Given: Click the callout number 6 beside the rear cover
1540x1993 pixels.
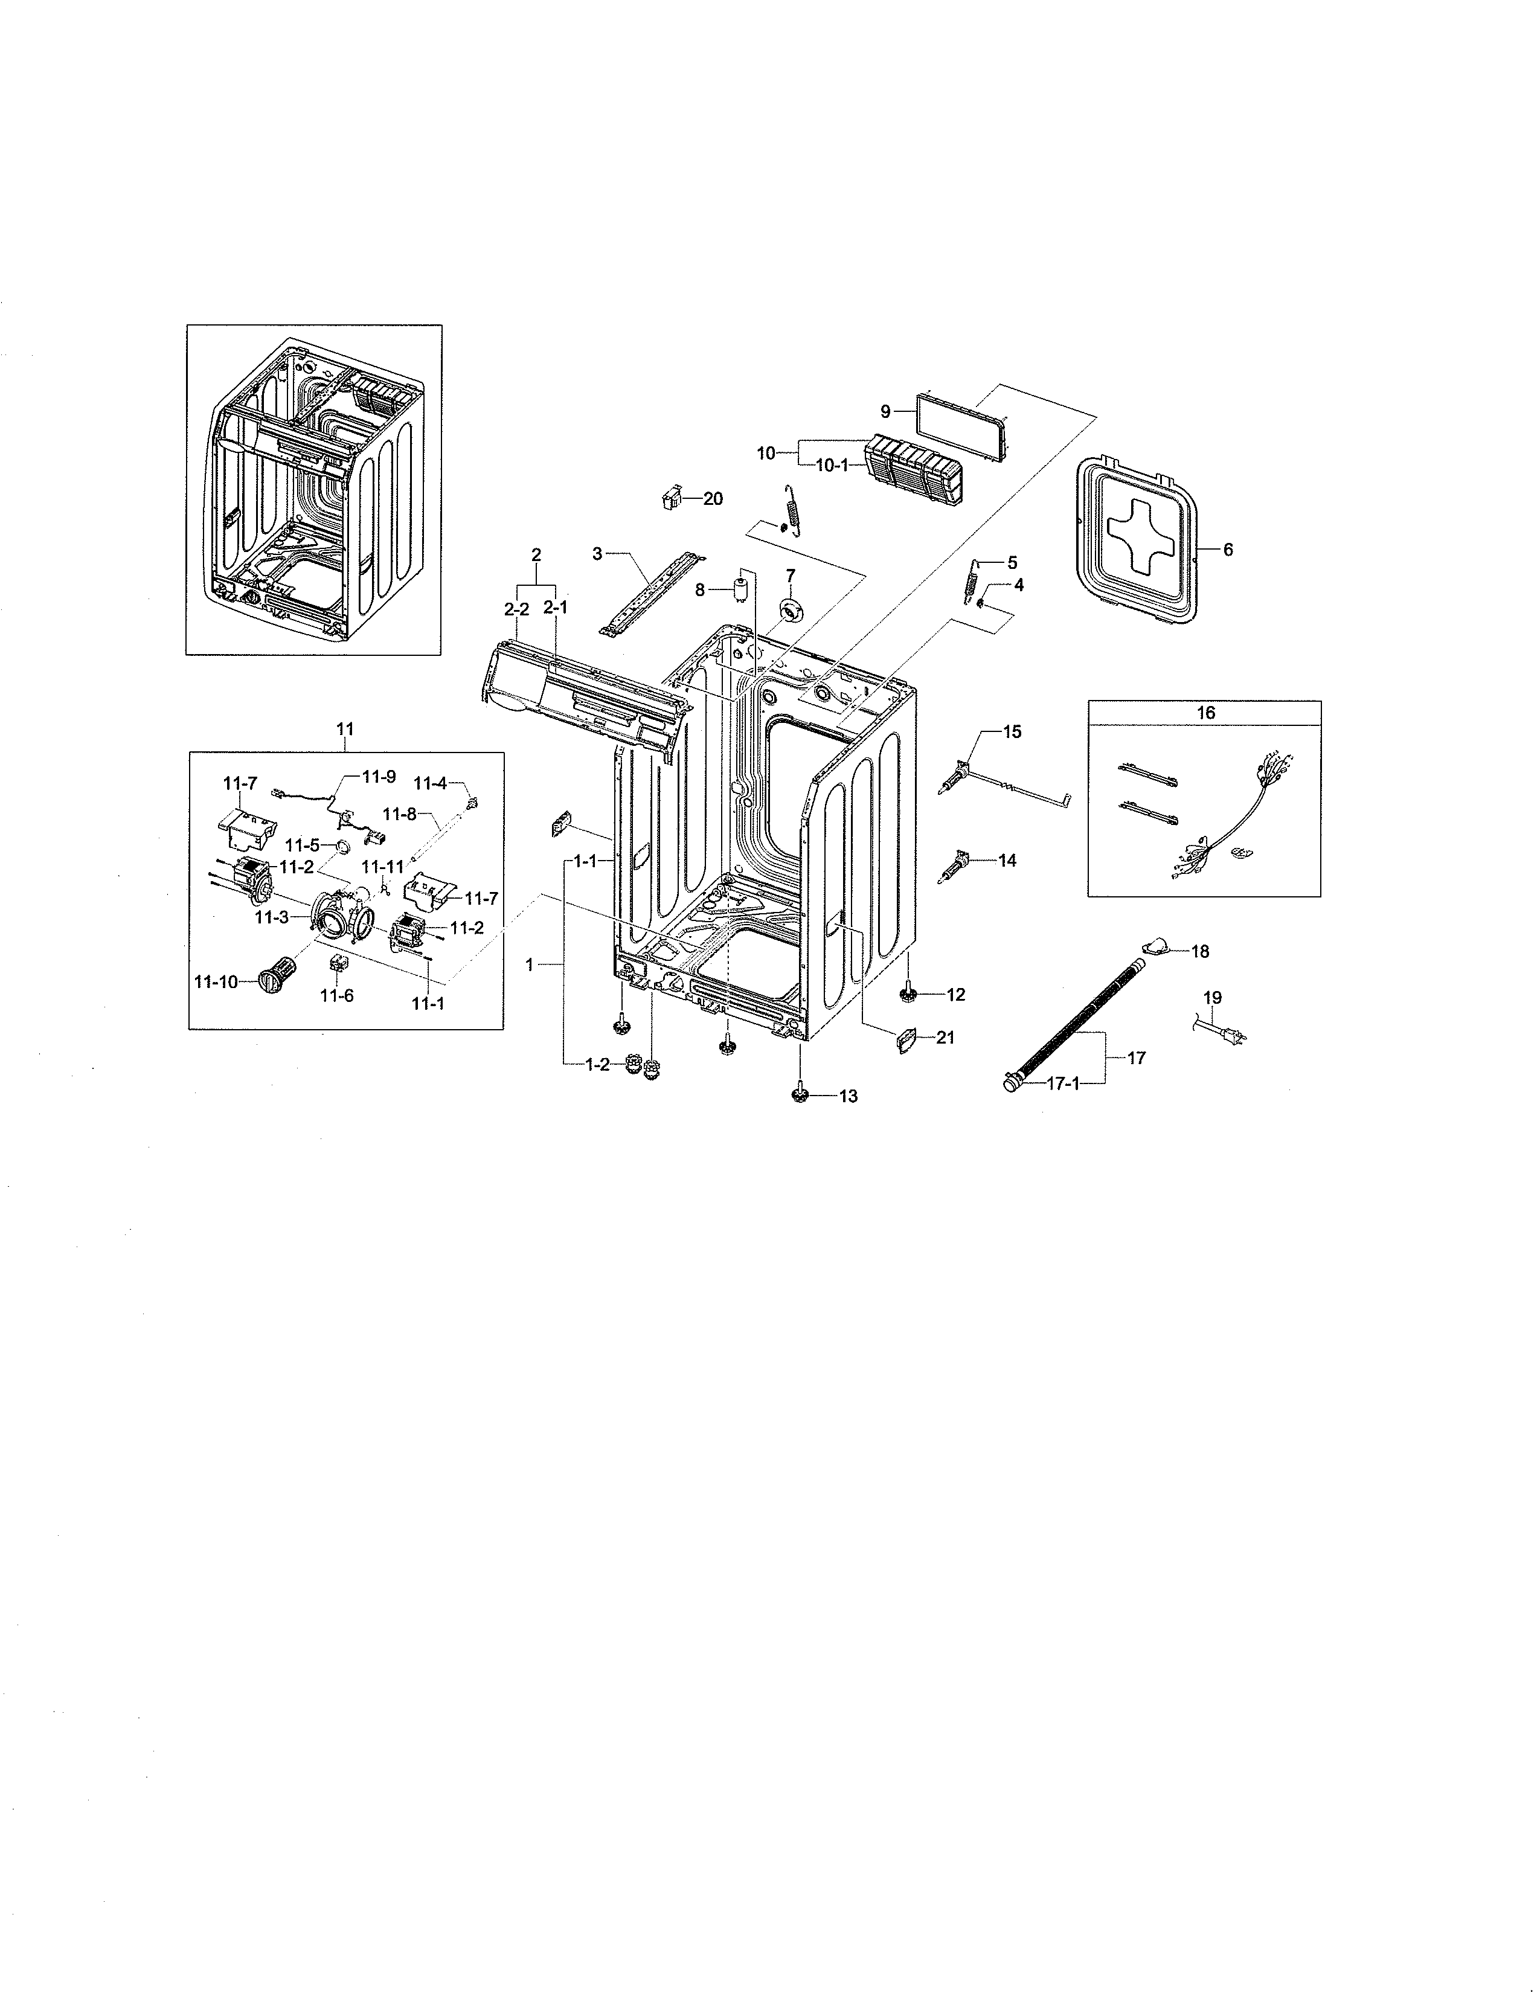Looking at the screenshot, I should pos(1228,550).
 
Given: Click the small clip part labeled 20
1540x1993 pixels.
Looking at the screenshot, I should pos(672,498).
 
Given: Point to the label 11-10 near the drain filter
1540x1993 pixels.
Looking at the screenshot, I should pos(216,982).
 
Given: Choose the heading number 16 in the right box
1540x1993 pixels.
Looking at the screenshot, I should pos(1205,713).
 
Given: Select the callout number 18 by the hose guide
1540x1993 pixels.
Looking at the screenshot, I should pos(1200,952).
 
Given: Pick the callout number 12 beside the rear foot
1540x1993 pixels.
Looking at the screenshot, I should pos(955,995).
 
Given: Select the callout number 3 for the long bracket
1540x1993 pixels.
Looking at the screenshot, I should pos(597,553).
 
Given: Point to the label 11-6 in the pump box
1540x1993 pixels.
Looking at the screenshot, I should pos(336,995).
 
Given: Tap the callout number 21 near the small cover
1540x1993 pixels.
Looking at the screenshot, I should pos(945,1038).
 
